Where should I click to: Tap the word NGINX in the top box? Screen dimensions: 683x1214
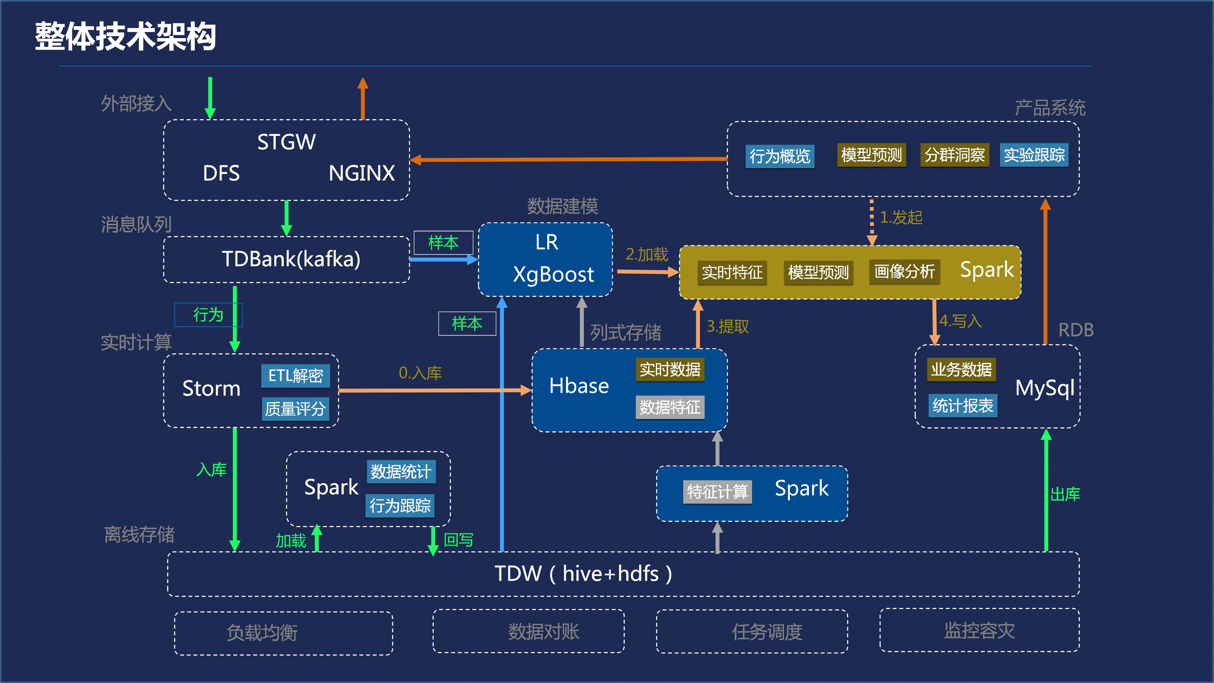361,173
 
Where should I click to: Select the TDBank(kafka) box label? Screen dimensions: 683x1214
291,259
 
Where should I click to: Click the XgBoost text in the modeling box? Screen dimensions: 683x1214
553,274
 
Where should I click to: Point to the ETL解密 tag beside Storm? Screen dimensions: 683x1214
295,376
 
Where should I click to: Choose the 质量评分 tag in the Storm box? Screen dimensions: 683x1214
295,408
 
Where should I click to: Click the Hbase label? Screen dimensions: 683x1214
579,386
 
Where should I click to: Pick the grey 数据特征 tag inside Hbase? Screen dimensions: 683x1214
670,407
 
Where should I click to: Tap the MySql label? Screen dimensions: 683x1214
1044,388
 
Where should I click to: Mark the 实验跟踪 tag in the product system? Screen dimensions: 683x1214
1034,155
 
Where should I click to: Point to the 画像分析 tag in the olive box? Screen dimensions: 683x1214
904,271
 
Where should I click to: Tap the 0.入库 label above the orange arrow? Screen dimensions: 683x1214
420,373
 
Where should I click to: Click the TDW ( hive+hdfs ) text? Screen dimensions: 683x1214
583,574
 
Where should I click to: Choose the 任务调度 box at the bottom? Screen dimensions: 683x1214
767,632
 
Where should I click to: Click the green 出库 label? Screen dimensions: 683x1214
1065,494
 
